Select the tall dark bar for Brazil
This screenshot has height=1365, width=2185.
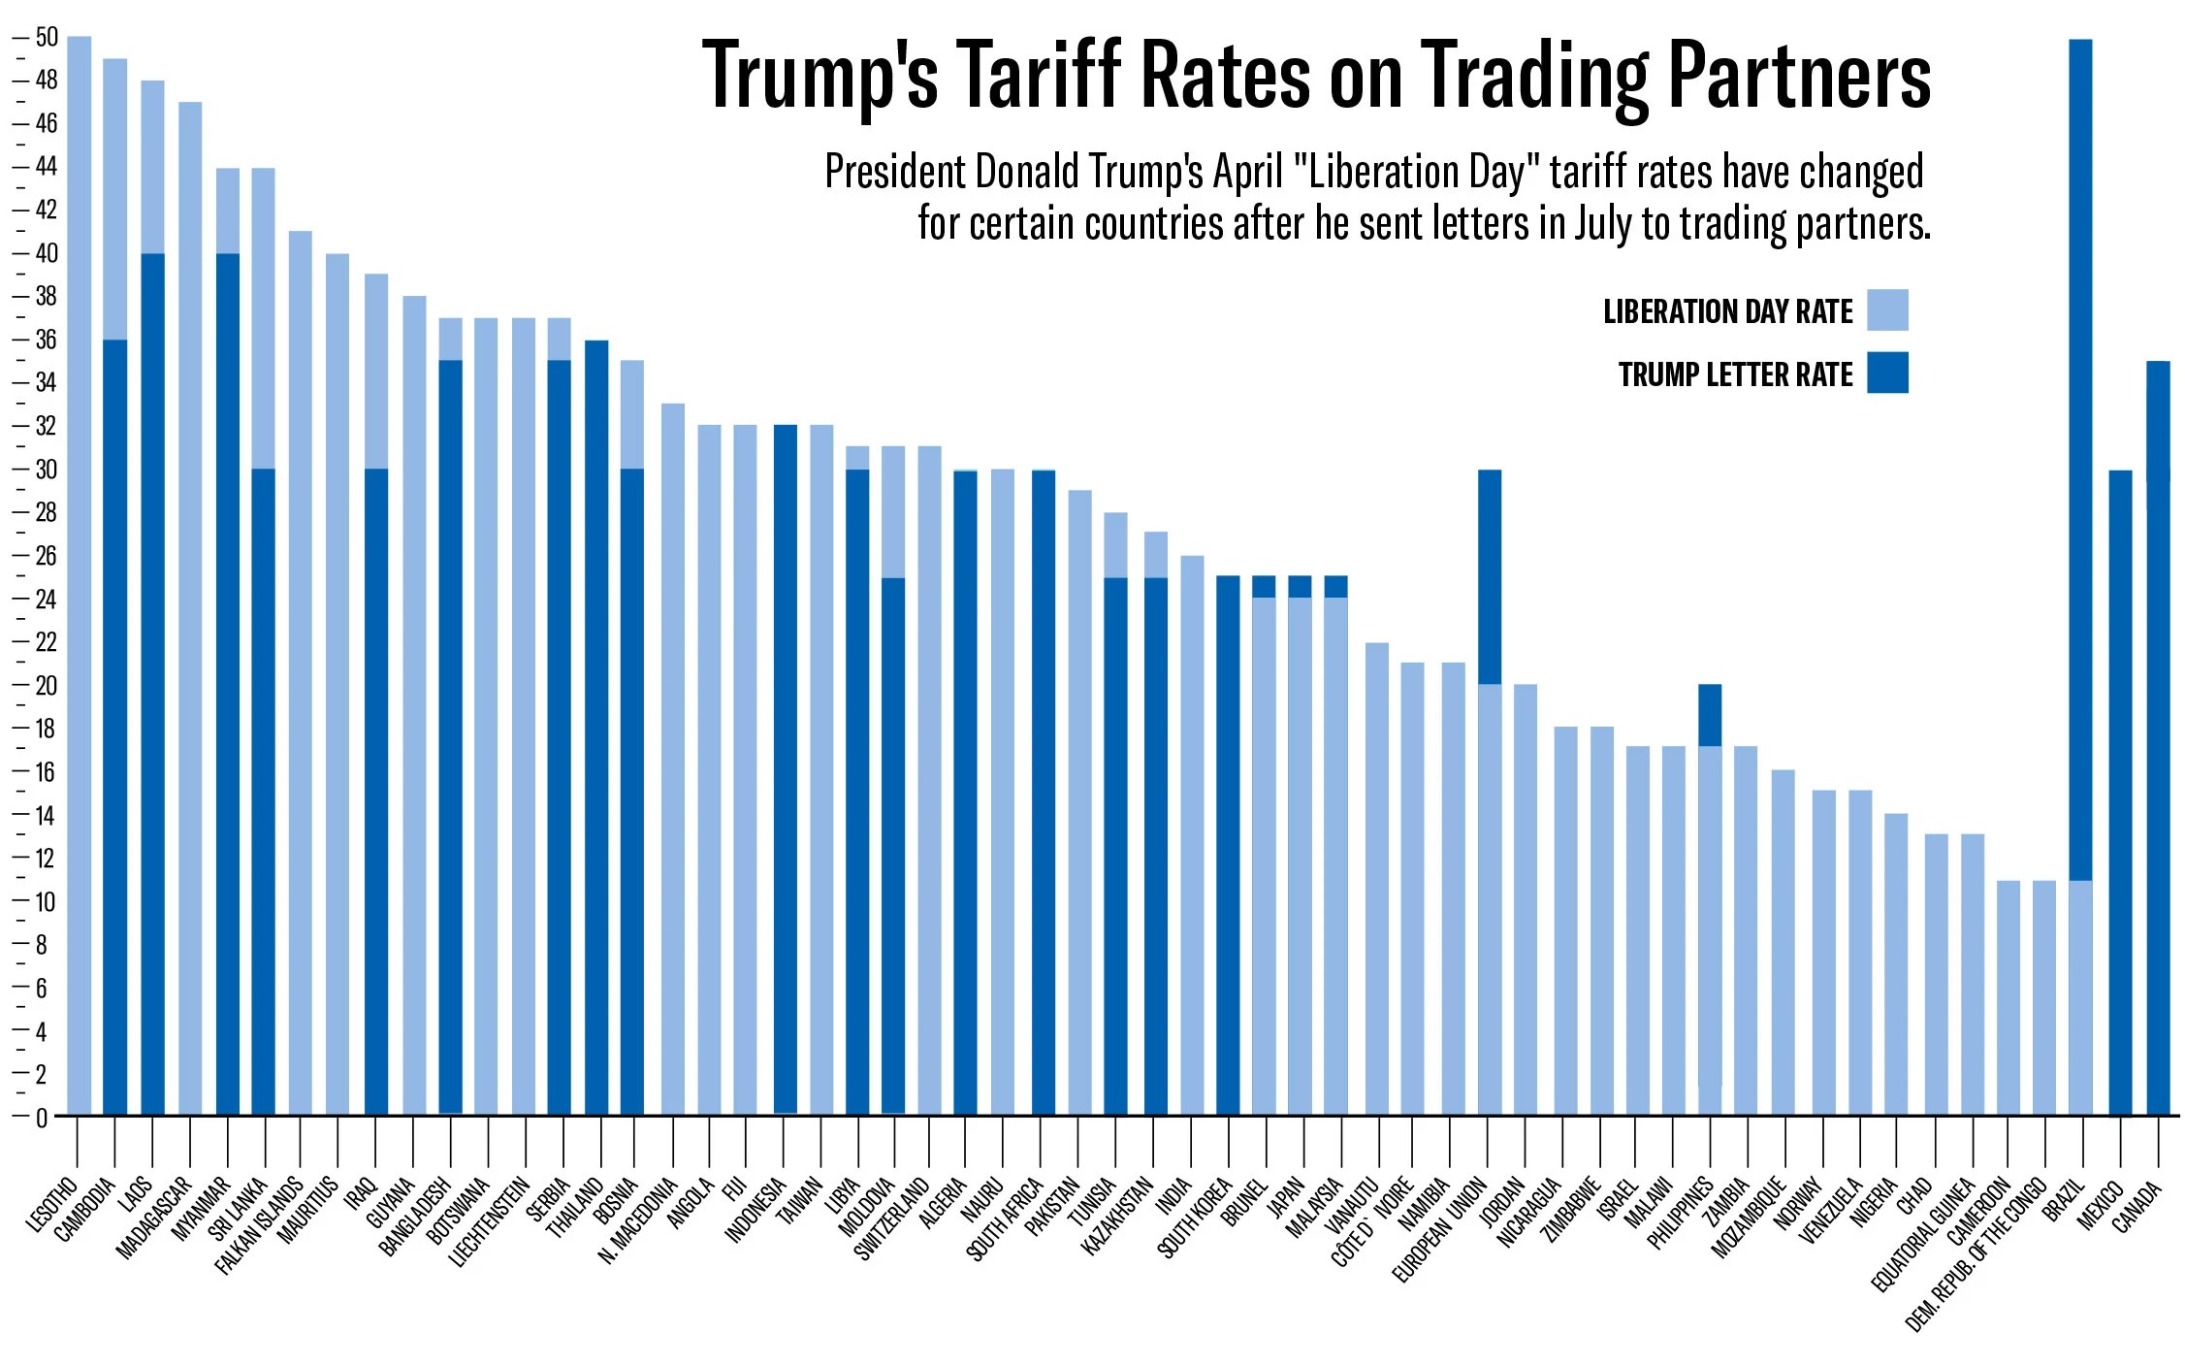pos(2080,456)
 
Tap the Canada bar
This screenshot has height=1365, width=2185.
pos(2158,737)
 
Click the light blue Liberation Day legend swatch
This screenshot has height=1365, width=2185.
pos(1887,310)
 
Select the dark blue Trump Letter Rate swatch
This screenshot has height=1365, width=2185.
pos(1887,373)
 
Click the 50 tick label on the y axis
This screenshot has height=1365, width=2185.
pos(46,38)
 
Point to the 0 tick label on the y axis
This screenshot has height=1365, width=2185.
pos(41,1118)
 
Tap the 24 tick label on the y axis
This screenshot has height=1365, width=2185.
pos(46,600)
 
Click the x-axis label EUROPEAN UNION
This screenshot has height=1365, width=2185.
pos(1440,1230)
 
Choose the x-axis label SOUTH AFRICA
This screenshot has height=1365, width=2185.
pos(1005,1219)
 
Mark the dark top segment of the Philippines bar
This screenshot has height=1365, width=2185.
pos(1710,715)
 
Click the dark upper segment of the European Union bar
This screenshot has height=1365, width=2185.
pos(1489,577)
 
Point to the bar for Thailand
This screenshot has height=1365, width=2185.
pos(596,728)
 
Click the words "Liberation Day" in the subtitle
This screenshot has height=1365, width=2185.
pos(1418,173)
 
